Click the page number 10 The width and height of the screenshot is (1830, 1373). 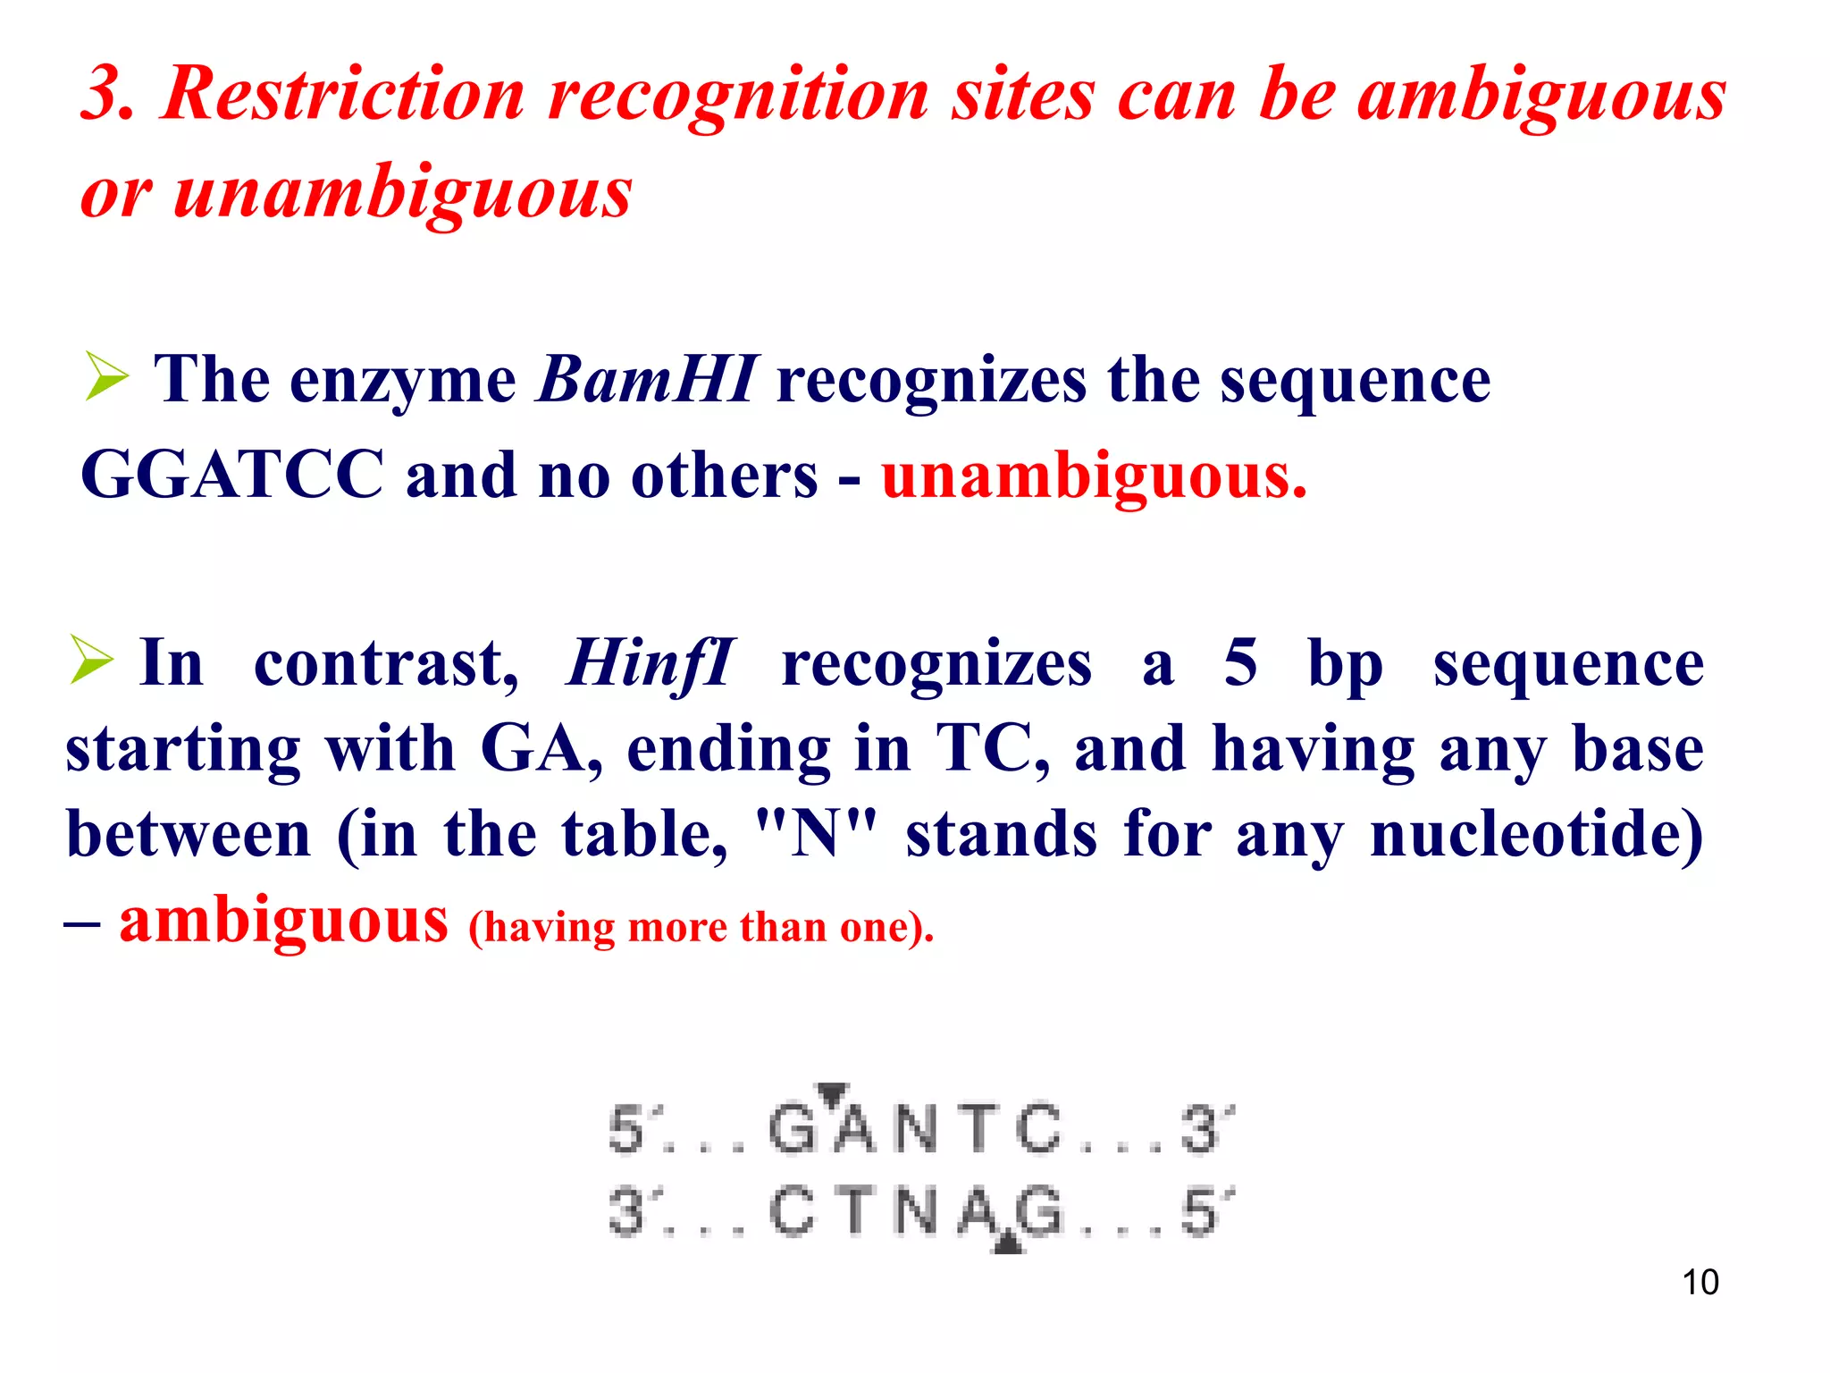pos(1700,1282)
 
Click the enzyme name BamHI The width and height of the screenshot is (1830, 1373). pos(647,380)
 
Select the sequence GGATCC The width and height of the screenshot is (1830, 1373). pos(232,475)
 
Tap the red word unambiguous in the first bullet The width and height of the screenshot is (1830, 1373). pos(1094,476)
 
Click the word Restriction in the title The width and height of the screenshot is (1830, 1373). pos(343,94)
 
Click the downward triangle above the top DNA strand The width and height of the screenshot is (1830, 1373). pos(833,1092)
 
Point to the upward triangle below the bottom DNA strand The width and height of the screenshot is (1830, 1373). pos(1007,1242)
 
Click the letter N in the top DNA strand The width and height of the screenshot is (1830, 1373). pos(916,1129)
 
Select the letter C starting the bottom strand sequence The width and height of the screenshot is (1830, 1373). pos(792,1213)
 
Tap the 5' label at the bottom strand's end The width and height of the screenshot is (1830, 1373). pos(1205,1213)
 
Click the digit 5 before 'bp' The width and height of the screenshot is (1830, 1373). pos(1240,663)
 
